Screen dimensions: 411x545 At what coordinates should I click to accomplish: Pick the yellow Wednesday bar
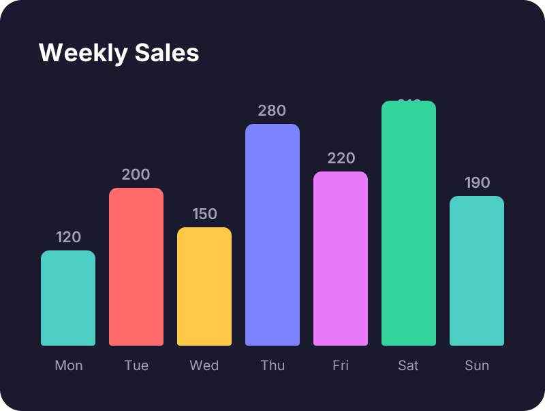(204, 286)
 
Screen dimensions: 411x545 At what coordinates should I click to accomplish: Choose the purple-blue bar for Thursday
(272, 235)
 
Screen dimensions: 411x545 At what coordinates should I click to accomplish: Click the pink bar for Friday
(341, 259)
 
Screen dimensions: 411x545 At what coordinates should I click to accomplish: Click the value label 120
(68, 237)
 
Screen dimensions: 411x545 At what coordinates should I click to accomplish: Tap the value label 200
(136, 175)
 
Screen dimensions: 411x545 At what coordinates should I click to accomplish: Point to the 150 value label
(204, 214)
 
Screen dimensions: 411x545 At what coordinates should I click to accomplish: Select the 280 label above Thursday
(272, 111)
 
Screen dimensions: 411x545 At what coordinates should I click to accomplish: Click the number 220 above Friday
(341, 159)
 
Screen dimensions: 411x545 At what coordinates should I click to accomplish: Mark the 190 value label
(477, 183)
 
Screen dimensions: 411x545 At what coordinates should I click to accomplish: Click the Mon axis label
(68, 365)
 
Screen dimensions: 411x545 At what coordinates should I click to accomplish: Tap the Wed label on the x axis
(204, 365)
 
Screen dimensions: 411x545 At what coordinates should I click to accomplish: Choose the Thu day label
(272, 365)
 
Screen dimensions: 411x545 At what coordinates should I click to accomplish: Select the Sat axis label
(409, 365)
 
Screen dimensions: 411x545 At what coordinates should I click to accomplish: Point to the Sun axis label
(477, 365)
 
